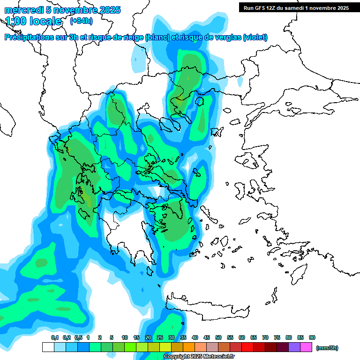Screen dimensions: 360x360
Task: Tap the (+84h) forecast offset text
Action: tap(81, 21)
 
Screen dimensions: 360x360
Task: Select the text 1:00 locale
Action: tap(33, 21)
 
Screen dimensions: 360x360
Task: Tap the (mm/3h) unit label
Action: tap(327, 348)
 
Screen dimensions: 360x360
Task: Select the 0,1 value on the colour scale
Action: tap(54, 337)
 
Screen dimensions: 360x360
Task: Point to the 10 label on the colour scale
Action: tap(125, 337)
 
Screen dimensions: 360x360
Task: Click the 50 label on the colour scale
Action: tap(218, 337)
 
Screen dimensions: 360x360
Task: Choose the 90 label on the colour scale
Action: tap(312, 337)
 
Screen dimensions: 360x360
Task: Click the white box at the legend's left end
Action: tap(48, 347)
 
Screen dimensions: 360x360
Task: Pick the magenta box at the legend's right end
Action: tap(306, 347)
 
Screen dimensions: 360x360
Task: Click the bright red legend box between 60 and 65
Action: tap(247, 347)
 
